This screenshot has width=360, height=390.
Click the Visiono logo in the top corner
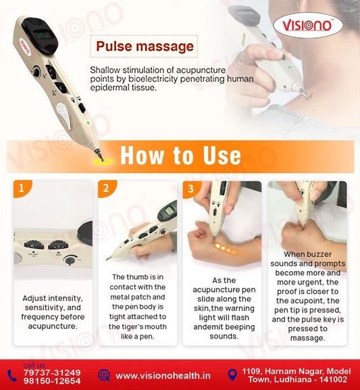311,26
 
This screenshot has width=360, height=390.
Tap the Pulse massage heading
145,47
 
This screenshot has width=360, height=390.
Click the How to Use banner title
180,155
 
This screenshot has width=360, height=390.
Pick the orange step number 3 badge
190,189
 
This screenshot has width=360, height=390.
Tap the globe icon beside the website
103,375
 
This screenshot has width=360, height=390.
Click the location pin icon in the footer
232,374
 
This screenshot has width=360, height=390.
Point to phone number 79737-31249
52,372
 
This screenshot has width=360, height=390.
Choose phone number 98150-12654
52,381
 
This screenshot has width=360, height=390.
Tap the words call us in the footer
34,364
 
